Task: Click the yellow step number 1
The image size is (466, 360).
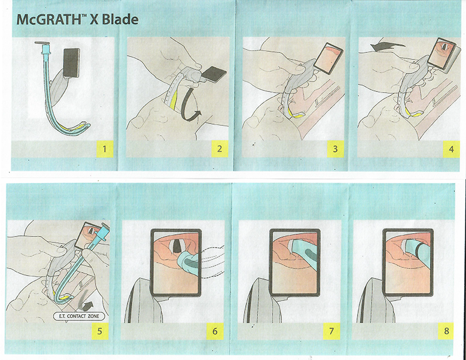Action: (105, 149)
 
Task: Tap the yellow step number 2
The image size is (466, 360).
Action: (220, 149)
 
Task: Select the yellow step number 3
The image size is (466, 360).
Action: (336, 149)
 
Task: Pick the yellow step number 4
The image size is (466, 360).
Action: (451, 149)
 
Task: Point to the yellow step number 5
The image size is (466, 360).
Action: (100, 331)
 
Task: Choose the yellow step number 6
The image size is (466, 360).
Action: (215, 331)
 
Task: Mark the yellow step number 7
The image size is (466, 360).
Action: (331, 331)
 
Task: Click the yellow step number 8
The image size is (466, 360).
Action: (446, 331)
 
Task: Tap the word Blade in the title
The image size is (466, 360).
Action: (121, 20)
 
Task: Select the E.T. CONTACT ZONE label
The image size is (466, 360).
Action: (79, 316)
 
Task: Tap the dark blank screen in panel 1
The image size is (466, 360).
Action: (72, 63)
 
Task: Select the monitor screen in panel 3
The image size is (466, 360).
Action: (329, 60)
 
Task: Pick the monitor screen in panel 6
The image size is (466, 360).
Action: (176, 262)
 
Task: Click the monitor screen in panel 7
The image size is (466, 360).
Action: (295, 262)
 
